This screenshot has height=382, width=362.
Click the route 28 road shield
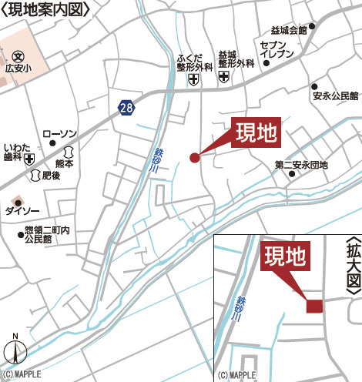coord(126,108)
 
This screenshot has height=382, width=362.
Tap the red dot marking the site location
coord(194,158)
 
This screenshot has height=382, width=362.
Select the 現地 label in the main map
coord(256,134)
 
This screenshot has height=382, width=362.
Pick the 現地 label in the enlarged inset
coord(287,256)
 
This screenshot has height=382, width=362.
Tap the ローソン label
coord(60,134)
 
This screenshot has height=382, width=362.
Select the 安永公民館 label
coord(337,96)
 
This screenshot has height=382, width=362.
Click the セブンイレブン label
coord(277,50)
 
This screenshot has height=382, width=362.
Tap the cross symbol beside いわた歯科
coord(28,159)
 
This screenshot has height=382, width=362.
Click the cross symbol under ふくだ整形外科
coord(193,78)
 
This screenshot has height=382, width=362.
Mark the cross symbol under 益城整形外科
coord(224,77)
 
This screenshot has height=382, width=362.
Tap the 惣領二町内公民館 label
coord(47,234)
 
